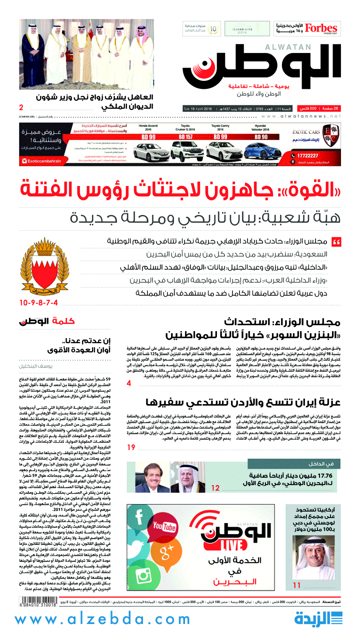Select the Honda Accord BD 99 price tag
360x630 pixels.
point(148,136)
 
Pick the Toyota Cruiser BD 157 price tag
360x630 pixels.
point(182,136)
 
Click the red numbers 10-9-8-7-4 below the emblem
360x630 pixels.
point(38,302)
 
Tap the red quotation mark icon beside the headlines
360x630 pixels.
point(336,242)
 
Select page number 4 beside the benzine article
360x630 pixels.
point(128,383)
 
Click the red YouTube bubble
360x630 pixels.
point(164,527)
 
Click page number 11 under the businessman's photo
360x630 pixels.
point(297,585)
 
